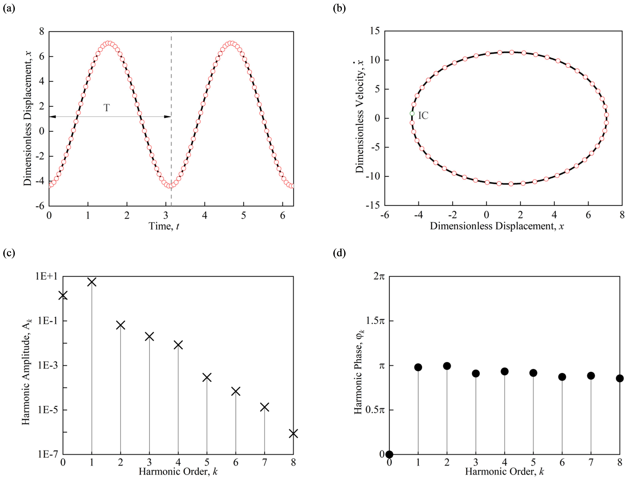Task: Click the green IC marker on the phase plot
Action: click(412, 113)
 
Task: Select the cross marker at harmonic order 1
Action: click(92, 282)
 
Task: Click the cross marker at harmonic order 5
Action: click(207, 378)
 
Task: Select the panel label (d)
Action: click(339, 253)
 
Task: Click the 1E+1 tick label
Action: click(46, 276)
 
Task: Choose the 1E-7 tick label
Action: click(47, 454)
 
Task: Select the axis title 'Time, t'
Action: click(164, 226)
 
